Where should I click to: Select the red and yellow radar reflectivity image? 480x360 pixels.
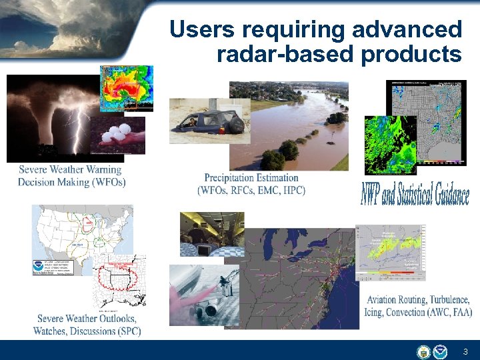(126, 87)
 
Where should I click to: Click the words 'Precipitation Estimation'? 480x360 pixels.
(251, 178)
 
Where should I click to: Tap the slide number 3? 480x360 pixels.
(465, 351)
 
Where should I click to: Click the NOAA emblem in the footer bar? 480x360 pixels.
(439, 351)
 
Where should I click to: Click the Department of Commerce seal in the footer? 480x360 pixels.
(423, 351)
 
